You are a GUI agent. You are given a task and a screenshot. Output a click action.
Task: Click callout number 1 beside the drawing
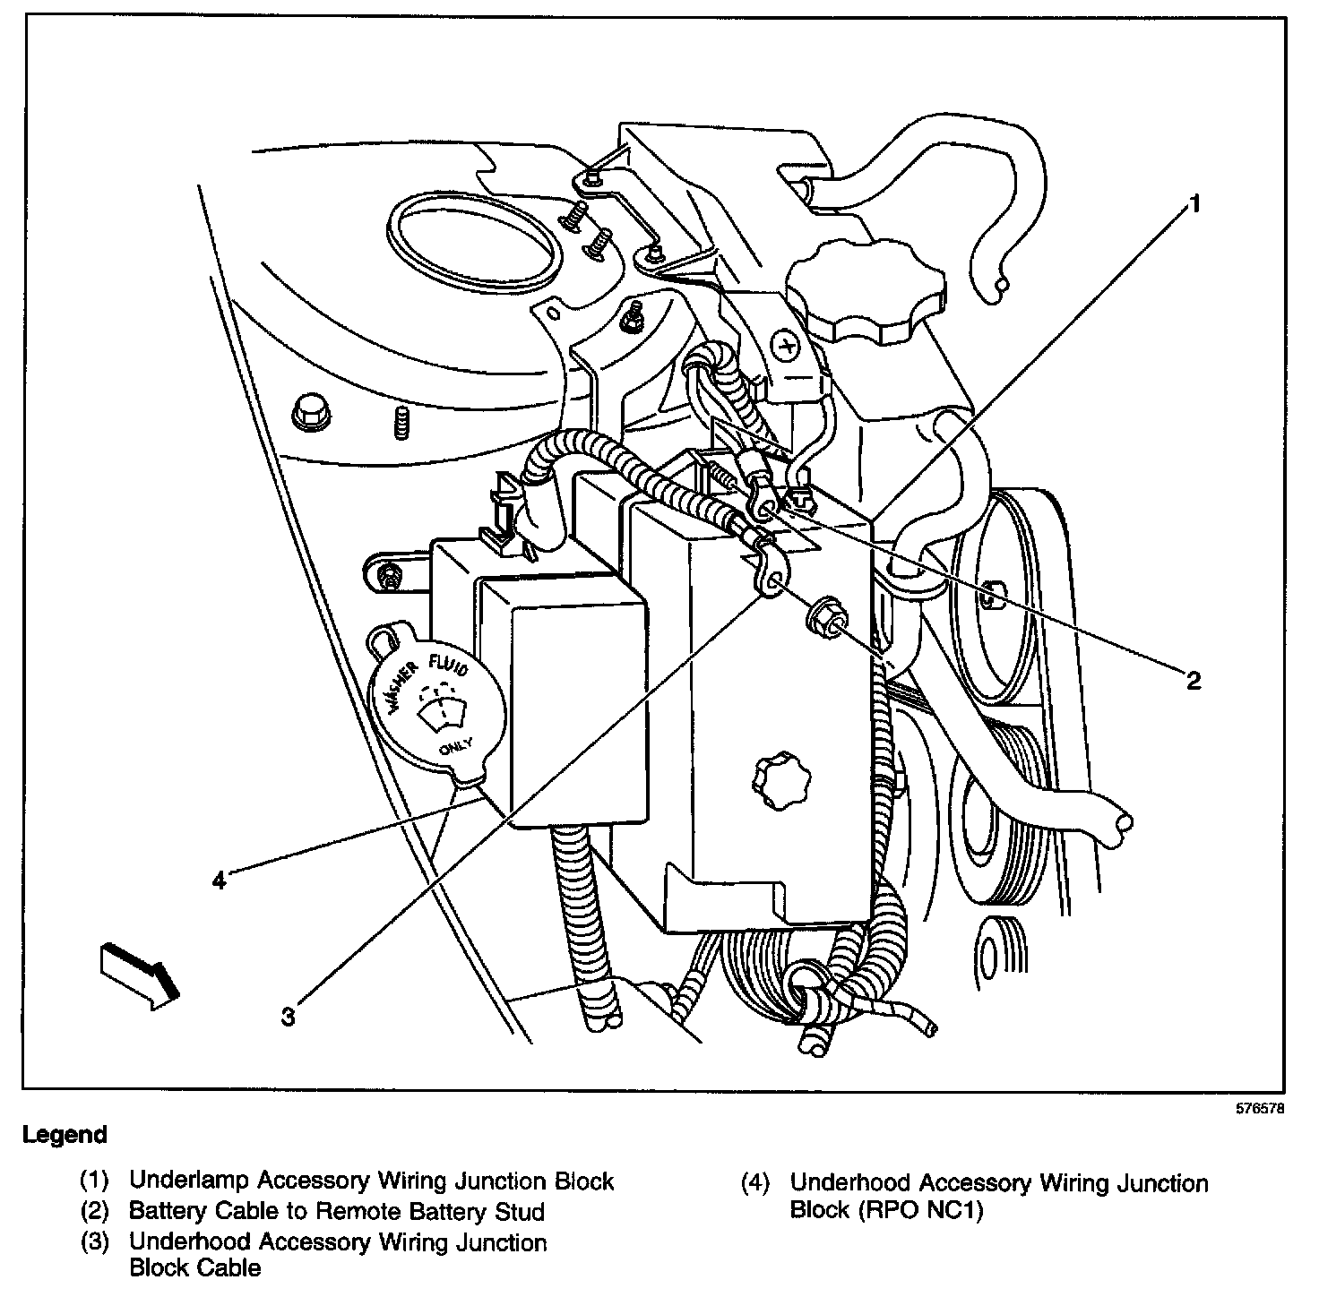pyautogui.click(x=1193, y=205)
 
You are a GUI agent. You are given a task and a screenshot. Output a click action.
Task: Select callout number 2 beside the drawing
pyautogui.click(x=1192, y=681)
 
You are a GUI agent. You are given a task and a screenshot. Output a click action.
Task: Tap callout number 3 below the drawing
pyautogui.click(x=288, y=1017)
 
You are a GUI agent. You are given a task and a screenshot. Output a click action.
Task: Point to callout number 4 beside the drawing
pyautogui.click(x=219, y=880)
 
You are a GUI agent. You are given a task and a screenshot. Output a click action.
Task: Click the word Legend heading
pyautogui.click(x=65, y=1135)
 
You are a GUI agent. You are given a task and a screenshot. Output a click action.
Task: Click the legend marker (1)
pyautogui.click(x=94, y=1181)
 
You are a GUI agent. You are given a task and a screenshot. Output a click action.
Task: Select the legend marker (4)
pyautogui.click(x=754, y=1184)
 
